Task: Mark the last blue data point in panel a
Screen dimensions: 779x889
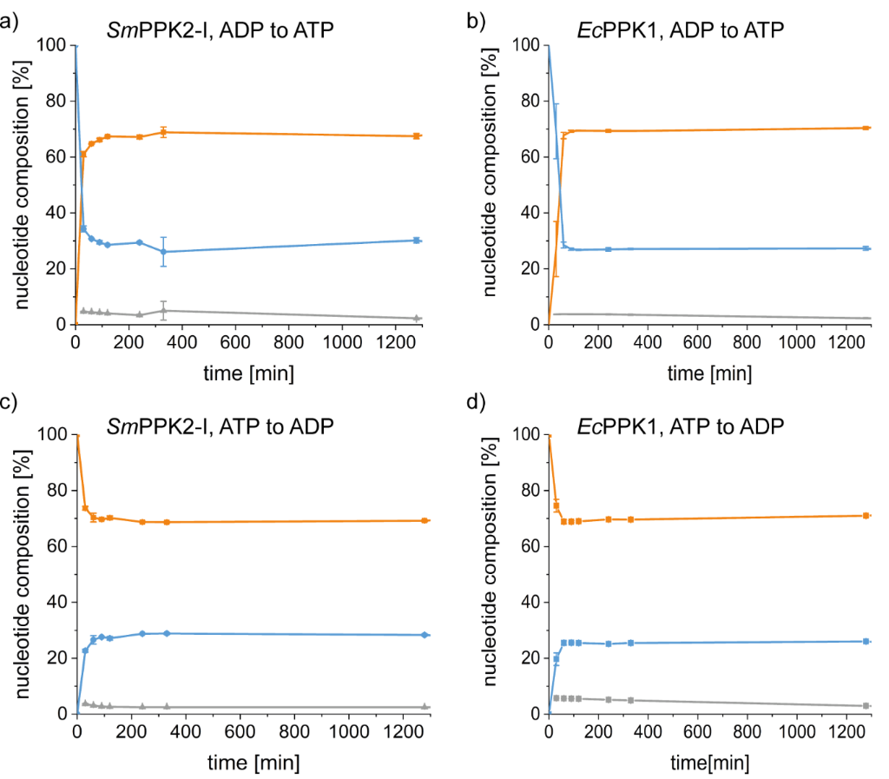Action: [417, 241]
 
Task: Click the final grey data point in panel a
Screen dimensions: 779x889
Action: [417, 319]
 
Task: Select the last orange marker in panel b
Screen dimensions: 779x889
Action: [866, 128]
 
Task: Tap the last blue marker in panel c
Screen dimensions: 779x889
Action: [425, 635]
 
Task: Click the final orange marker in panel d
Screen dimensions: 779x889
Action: [866, 516]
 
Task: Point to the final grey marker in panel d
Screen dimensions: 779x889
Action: [866, 705]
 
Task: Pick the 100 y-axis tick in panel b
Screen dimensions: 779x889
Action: [525, 44]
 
